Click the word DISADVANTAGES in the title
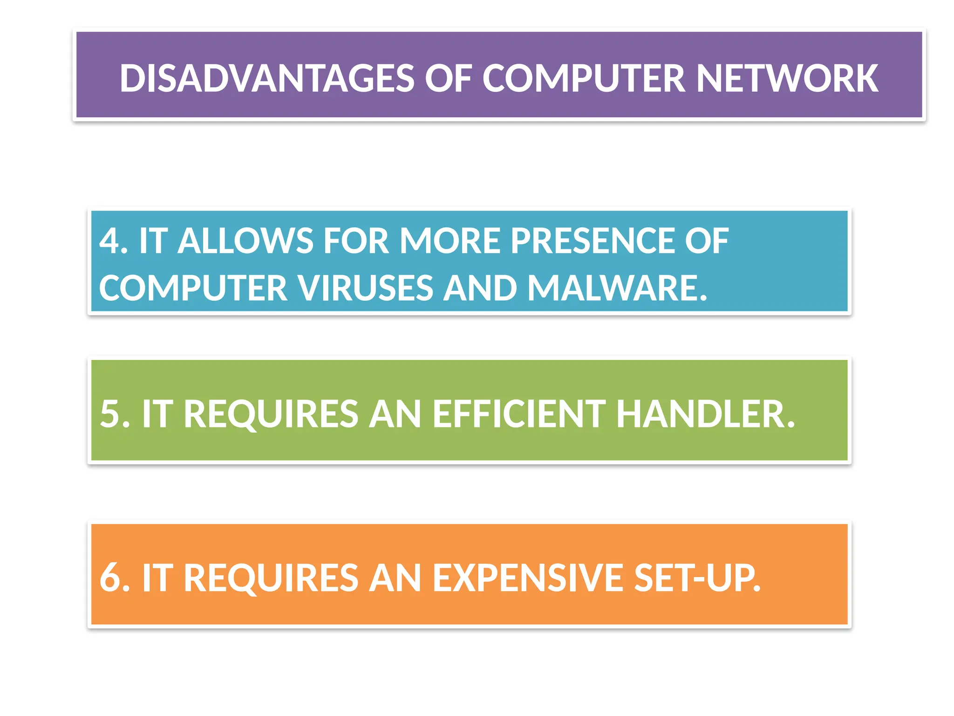(x=266, y=78)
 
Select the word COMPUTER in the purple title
(x=583, y=78)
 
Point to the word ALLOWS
(x=245, y=241)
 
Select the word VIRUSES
(x=365, y=288)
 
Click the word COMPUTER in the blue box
(x=193, y=288)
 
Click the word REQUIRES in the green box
(x=271, y=414)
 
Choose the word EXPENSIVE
(x=527, y=578)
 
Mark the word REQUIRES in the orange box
(x=271, y=578)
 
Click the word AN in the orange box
(x=395, y=578)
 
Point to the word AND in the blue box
(x=480, y=288)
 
